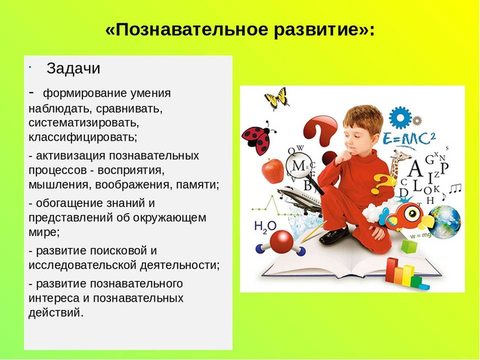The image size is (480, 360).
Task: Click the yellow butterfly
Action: (x=276, y=98)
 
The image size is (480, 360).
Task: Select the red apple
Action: (x=272, y=170)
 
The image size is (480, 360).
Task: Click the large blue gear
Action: (x=400, y=117)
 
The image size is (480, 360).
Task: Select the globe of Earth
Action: (x=445, y=221)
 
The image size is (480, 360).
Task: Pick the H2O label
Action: (x=265, y=226)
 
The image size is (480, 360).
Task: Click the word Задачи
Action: (x=73, y=69)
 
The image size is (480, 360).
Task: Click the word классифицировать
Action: (x=83, y=136)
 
